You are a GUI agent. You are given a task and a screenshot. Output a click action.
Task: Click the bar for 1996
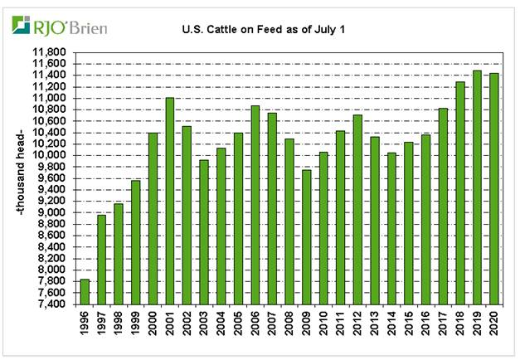click(85, 292)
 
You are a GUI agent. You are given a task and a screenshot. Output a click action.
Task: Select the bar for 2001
click(170, 201)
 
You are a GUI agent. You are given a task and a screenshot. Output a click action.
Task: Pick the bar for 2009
click(306, 237)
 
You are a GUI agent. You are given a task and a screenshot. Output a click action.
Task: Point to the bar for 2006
click(255, 205)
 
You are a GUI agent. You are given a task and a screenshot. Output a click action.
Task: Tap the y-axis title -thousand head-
click(19, 179)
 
